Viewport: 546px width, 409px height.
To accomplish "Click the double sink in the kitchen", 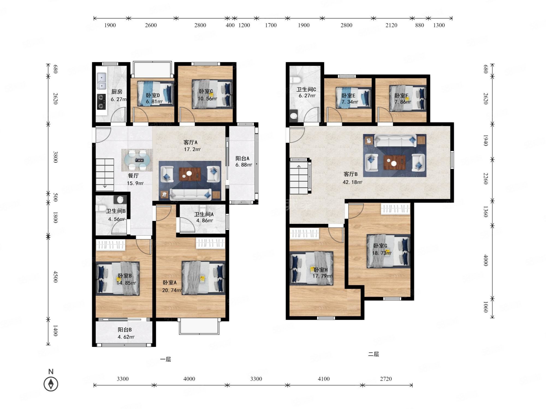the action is [x=102, y=81].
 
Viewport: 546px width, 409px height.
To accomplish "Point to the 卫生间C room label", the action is [x=306, y=89].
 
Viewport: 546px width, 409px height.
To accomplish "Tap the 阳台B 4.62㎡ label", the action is [x=126, y=333].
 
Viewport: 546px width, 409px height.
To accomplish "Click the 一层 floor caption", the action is [x=165, y=359].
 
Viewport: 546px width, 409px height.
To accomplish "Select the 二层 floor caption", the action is [x=373, y=354].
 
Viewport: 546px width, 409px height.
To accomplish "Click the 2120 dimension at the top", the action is [x=391, y=25].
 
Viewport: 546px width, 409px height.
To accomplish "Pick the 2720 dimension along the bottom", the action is [x=386, y=379].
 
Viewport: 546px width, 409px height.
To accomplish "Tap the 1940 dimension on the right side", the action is [x=486, y=140].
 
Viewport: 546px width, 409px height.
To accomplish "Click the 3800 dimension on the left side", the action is [x=55, y=157].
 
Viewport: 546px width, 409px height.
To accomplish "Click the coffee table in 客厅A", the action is [x=190, y=174].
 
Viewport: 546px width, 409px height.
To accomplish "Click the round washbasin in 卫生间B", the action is [x=120, y=200].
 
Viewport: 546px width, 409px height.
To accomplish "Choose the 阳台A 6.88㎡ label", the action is [x=244, y=161].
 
